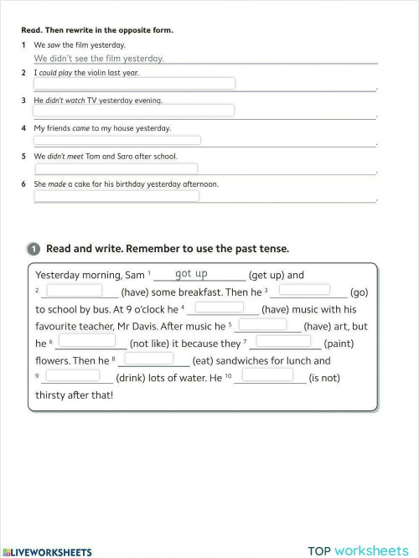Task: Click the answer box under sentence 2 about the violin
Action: point(134,83)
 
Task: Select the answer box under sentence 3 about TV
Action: point(134,111)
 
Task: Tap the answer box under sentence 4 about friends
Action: point(117,141)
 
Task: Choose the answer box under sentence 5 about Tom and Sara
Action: point(116,168)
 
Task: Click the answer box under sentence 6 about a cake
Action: point(116,196)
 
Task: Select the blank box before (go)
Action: point(304,290)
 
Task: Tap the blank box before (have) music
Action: point(219,307)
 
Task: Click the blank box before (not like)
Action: point(86,341)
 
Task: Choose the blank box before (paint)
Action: point(282,341)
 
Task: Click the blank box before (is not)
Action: point(268,375)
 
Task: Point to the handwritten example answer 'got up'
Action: point(191,274)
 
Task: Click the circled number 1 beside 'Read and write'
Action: point(33,249)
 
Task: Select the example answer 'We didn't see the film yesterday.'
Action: point(99,59)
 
